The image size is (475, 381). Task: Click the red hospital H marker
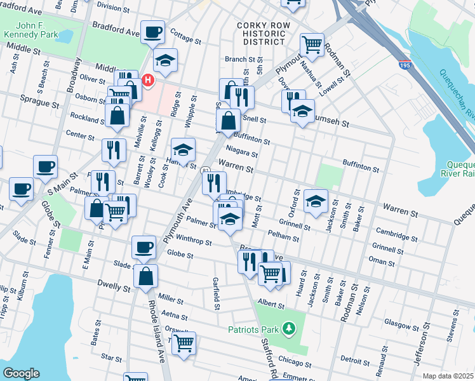[x=148, y=80]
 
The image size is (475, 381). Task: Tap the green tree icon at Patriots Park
[x=289, y=328]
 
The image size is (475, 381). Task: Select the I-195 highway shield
[x=405, y=64]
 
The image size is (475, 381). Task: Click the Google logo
[x=21, y=373]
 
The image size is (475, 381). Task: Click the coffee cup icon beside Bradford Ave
[x=153, y=32]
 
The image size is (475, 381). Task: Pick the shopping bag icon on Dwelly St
[x=146, y=276]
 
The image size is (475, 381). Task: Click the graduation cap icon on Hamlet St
[x=183, y=150]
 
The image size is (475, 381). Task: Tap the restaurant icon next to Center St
[x=114, y=150]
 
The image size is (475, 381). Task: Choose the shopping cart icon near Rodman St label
[x=312, y=44]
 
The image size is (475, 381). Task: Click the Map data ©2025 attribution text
[x=447, y=376]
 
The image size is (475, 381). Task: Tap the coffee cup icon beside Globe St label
[x=144, y=246]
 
